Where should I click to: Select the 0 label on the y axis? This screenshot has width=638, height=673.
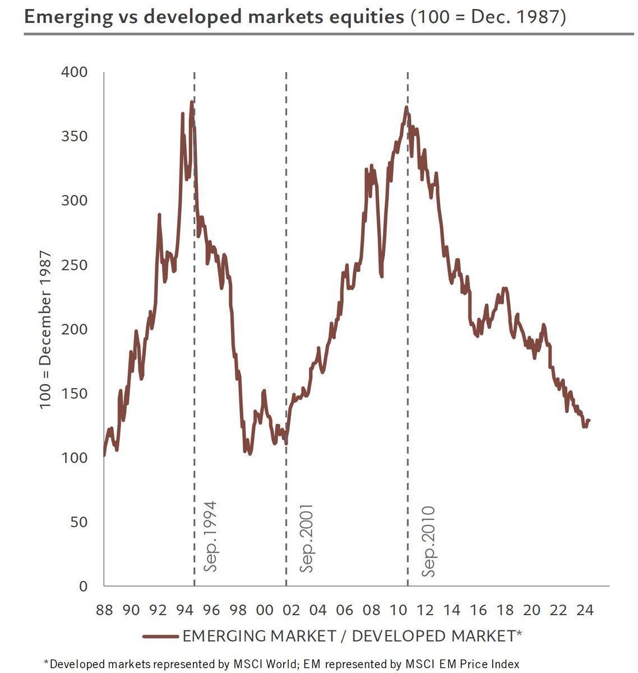coord(83,586)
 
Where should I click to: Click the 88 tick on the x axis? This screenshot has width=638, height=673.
coord(104,610)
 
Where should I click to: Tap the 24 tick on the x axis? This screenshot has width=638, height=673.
coord(585,610)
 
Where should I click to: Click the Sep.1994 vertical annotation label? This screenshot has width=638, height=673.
coord(210,536)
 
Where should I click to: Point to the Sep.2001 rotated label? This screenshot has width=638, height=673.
coord(306,538)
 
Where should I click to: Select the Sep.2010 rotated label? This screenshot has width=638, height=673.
coord(428,541)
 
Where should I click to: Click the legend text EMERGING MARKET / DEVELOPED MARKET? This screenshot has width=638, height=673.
coord(352,636)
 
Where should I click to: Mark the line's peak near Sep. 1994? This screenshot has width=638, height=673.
coord(192,102)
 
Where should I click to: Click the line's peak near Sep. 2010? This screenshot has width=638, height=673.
coord(406,107)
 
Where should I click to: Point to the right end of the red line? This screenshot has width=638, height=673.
coord(589,420)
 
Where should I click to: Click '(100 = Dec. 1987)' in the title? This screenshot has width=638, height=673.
coord(488,17)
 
